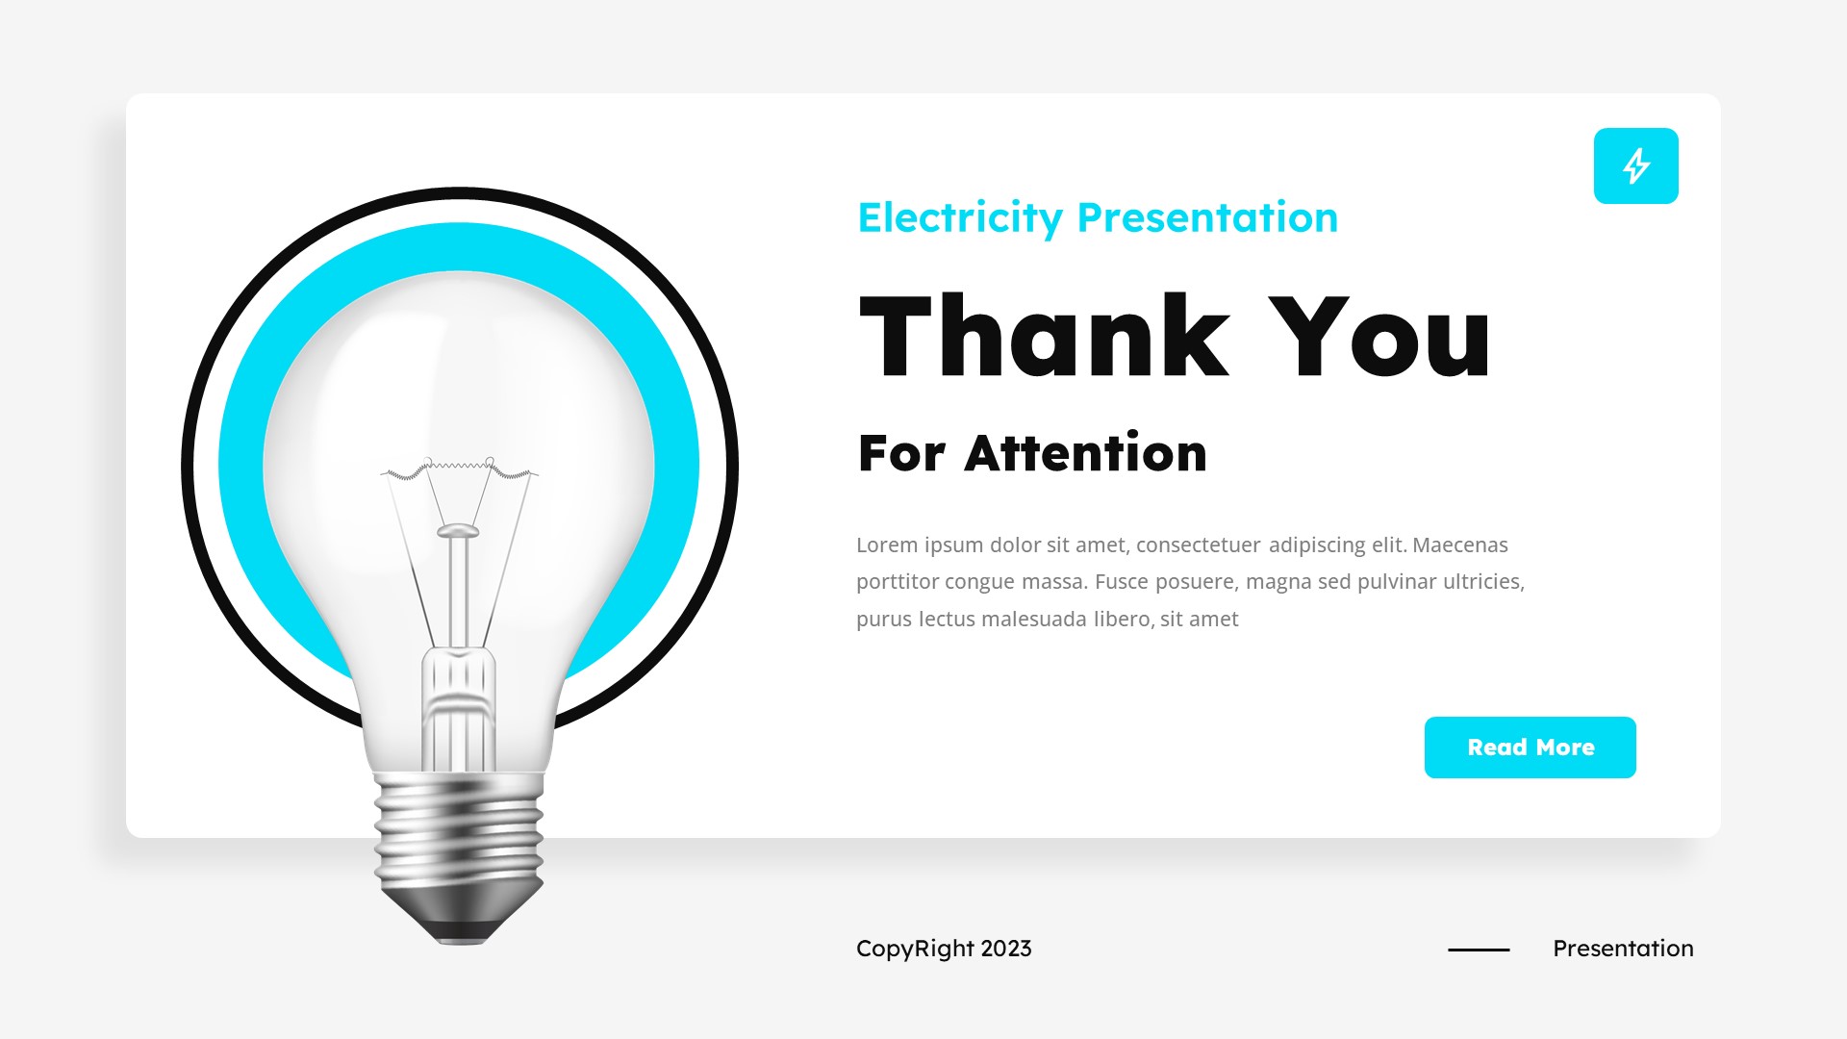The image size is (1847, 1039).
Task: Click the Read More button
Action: pyautogui.click(x=1530, y=748)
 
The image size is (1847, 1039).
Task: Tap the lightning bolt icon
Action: pyautogui.click(x=1635, y=165)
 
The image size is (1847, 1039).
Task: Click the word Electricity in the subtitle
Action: pyautogui.click(x=959, y=218)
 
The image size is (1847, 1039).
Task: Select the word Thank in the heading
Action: pyautogui.click(x=1044, y=337)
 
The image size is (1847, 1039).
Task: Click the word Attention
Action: pyautogui.click(x=1085, y=454)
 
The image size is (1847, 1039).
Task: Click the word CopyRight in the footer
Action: pyautogui.click(x=914, y=949)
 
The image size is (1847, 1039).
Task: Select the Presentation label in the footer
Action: pyautogui.click(x=1623, y=949)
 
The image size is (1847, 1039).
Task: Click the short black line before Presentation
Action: pyautogui.click(x=1479, y=950)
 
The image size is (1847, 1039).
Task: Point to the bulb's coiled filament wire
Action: pyautogui.click(x=460, y=469)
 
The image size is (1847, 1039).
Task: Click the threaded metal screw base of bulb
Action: pyautogui.click(x=459, y=832)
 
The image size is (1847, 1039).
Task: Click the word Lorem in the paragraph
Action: pyautogui.click(x=887, y=545)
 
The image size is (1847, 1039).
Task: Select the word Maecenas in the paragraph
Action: pyautogui.click(x=1459, y=545)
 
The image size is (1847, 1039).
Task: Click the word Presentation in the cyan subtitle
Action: pyautogui.click(x=1207, y=218)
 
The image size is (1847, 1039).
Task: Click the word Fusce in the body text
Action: pyautogui.click(x=1121, y=582)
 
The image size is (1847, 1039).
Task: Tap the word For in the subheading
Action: pyautogui.click(x=901, y=454)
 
